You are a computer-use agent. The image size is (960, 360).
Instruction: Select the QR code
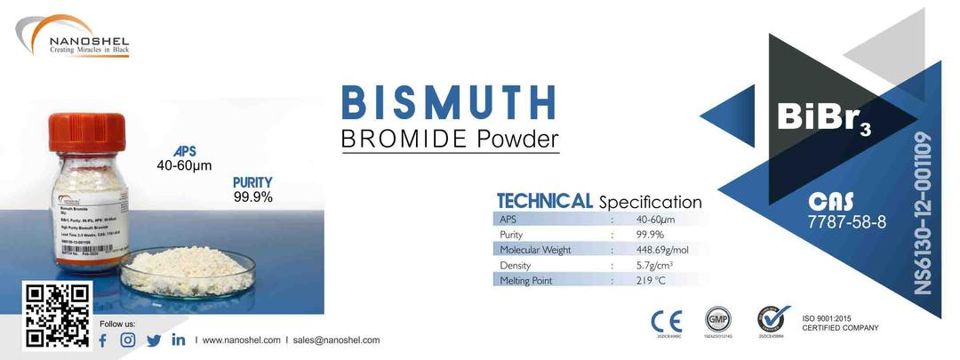coord(56,315)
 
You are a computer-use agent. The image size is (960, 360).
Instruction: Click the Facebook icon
coord(102,340)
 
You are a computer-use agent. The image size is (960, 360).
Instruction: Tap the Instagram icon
coord(128,340)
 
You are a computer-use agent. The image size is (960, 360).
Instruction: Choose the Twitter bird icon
coord(154,340)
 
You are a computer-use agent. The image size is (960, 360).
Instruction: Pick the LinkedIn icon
coord(179,340)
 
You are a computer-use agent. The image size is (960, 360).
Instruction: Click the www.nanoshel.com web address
coord(242,340)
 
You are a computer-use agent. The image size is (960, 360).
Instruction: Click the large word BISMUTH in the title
coord(449,103)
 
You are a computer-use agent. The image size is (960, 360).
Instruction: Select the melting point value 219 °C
coord(652,281)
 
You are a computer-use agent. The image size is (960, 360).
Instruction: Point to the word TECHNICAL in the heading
coord(544,201)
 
